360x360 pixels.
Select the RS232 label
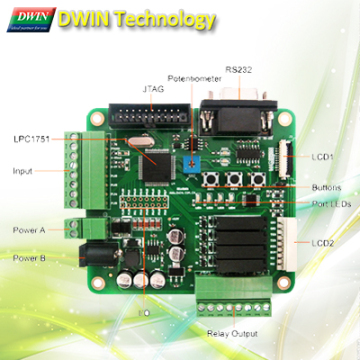point(240,69)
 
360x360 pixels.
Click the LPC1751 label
point(32,138)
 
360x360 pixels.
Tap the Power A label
point(30,230)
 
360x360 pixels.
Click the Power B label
point(30,257)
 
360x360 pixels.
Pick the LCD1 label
point(322,157)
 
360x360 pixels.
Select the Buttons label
point(326,188)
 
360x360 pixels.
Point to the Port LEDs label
point(325,205)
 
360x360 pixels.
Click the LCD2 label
point(322,243)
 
